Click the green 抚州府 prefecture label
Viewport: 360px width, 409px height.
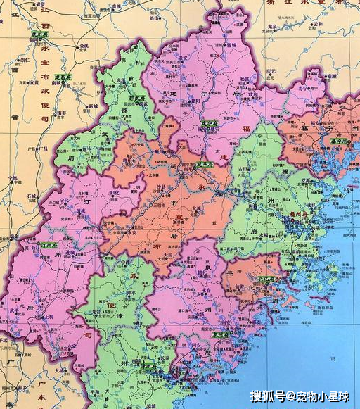click(41, 33)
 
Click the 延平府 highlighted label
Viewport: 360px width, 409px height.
click(204, 165)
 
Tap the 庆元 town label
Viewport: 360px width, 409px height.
click(268, 70)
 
